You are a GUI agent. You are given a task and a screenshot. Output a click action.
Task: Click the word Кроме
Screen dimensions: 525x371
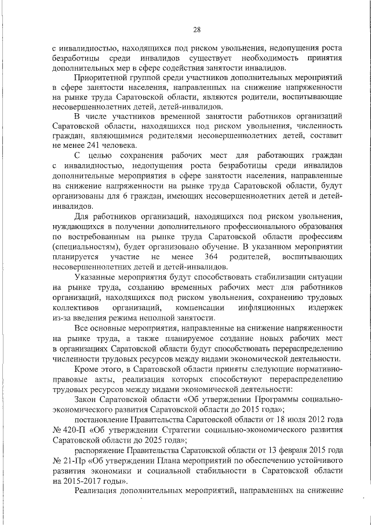pos(88,369)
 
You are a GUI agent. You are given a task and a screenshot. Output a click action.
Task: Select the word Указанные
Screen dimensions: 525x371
pos(99,277)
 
